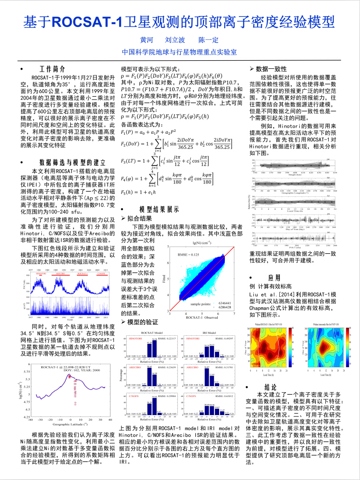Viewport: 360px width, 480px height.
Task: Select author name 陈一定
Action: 208,40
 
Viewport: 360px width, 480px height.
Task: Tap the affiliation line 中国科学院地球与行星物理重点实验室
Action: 179,52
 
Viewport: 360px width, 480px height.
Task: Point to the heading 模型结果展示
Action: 159,209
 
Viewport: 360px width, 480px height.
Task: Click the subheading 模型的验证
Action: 142,323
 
